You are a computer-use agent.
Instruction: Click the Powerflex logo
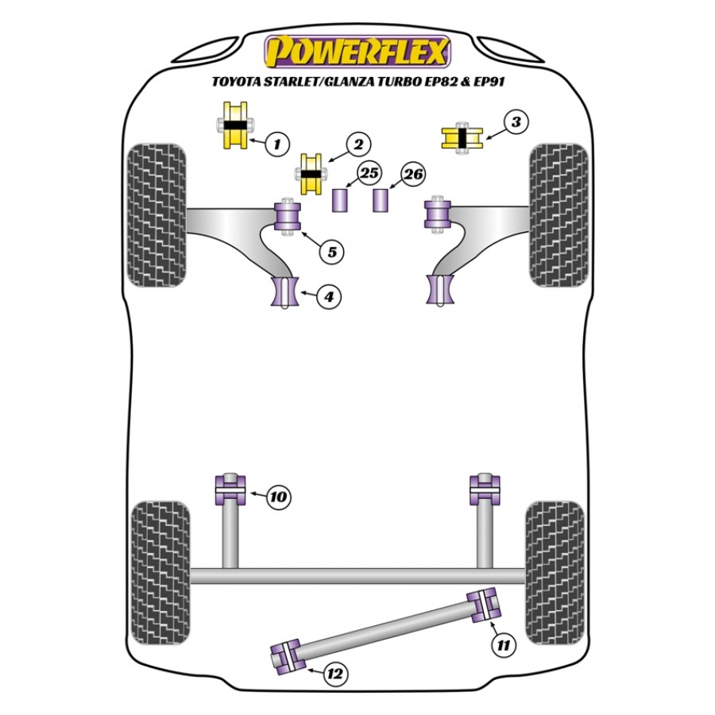[357, 52]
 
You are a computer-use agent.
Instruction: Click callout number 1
[276, 144]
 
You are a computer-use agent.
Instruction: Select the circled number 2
[358, 145]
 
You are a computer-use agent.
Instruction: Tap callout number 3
[516, 122]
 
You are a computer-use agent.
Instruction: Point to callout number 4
[329, 297]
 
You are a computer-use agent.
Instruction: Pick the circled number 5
[331, 252]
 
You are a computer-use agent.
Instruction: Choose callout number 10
[278, 496]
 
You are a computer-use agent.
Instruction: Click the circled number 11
[504, 645]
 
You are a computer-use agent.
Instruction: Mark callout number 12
[335, 674]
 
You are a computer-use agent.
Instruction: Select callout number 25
[369, 173]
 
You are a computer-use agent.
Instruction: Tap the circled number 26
[413, 174]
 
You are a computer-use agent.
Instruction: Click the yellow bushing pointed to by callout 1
[235, 126]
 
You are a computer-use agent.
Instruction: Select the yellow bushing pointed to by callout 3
[462, 138]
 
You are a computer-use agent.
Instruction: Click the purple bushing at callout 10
[230, 489]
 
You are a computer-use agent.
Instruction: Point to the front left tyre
[156, 215]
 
